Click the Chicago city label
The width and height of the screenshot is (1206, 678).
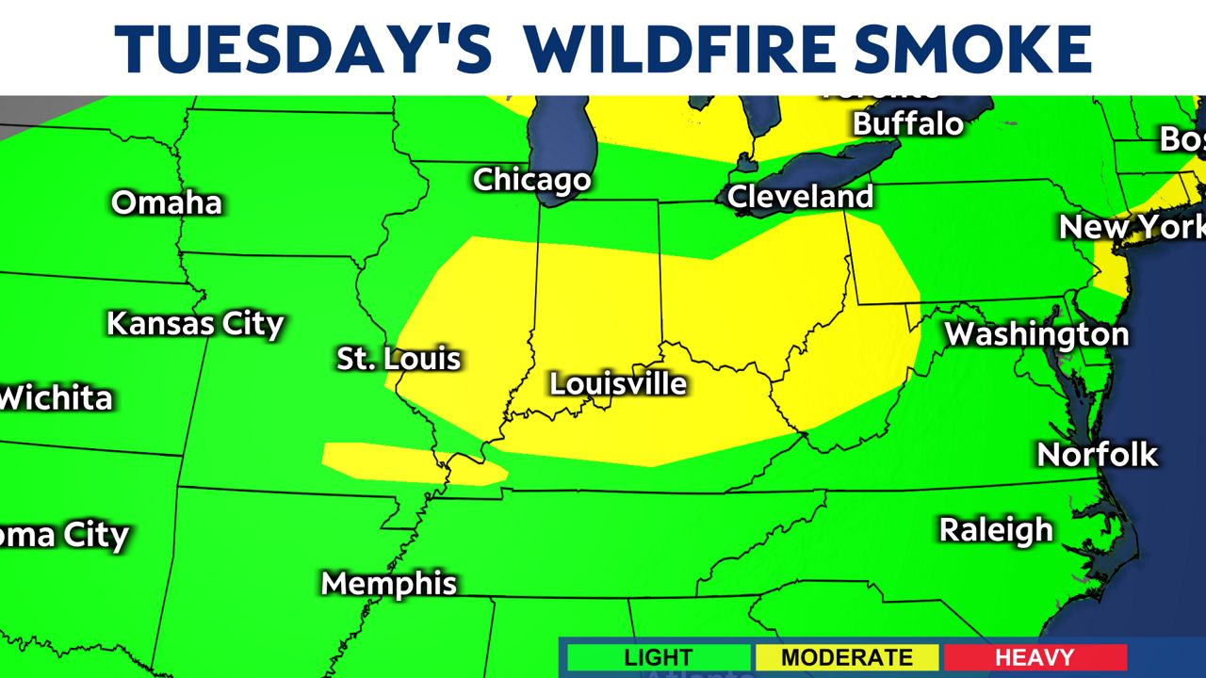531,179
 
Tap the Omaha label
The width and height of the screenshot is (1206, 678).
167,202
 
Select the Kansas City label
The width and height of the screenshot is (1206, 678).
195,324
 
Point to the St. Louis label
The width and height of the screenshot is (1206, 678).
399,358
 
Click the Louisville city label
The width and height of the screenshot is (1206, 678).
618,383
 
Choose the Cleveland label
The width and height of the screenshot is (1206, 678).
800,197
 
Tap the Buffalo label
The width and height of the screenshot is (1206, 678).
908,123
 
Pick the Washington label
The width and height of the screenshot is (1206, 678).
1036,333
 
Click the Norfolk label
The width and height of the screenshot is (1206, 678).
1098,454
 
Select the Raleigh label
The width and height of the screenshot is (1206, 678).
996,529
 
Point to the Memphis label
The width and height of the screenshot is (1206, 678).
389,583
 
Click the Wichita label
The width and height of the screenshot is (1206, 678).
57,397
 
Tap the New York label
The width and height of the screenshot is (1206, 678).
1131,227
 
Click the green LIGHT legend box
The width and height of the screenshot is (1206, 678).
658,657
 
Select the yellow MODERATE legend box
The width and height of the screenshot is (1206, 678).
846,657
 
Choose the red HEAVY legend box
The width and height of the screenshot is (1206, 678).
1034,657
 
